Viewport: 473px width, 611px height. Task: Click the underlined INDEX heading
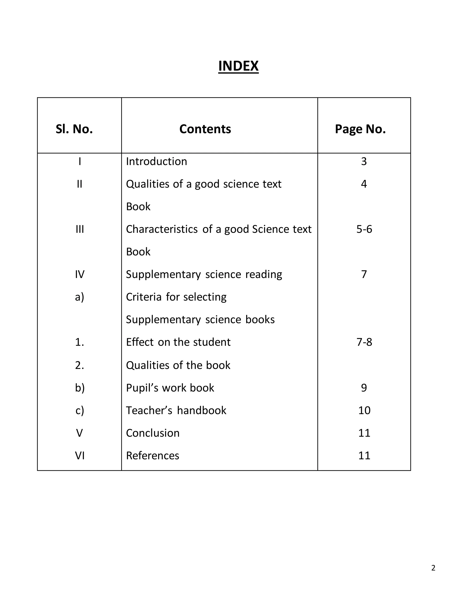[x=238, y=66]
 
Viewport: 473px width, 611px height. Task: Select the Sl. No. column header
[x=74, y=129]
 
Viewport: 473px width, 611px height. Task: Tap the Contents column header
[x=205, y=129]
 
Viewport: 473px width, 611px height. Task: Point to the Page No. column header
[x=360, y=129]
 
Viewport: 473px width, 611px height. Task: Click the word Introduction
[x=156, y=162]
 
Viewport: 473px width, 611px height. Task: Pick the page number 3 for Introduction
[x=364, y=162]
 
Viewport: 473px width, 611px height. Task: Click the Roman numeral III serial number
[x=80, y=229]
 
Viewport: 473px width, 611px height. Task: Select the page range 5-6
[x=364, y=229]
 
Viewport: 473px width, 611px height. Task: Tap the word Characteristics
[x=162, y=229]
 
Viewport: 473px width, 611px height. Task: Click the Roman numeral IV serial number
[x=80, y=274]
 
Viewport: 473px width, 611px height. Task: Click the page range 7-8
[x=364, y=342]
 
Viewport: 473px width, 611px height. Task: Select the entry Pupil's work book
[x=170, y=388]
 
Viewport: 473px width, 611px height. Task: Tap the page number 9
[x=364, y=388]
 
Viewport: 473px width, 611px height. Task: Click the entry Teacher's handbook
[x=176, y=411]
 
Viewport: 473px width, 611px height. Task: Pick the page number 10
[x=364, y=411]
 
